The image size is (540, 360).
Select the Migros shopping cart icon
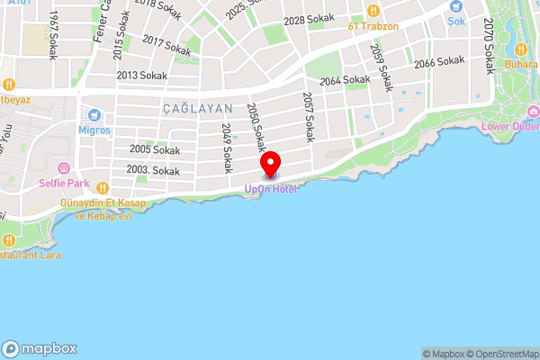coord(94,115)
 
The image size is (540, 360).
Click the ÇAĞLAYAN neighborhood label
coord(197,108)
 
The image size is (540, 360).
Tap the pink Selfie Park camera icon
coord(63,168)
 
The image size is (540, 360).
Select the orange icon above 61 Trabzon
coord(373,11)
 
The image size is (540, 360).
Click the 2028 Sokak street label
coord(309,19)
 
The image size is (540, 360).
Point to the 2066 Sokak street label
coord(438,62)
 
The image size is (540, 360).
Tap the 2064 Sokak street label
coord(345,80)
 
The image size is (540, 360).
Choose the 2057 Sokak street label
coord(308,116)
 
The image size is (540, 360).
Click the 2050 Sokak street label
coord(257,127)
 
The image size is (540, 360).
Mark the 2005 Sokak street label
coord(155,149)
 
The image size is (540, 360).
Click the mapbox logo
coord(40,348)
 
